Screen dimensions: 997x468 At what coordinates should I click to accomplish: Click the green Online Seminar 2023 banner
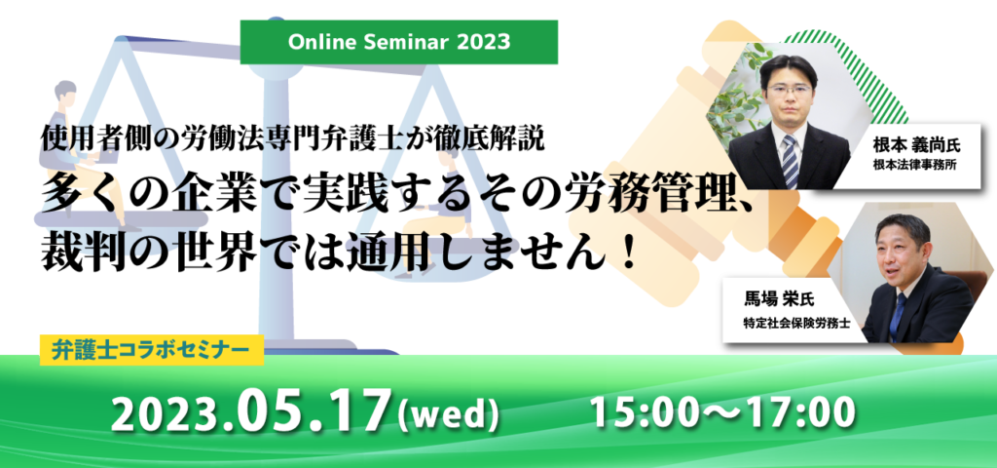point(398,42)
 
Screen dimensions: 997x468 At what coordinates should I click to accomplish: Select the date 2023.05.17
point(250,413)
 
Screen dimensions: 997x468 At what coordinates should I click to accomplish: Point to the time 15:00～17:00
point(723,413)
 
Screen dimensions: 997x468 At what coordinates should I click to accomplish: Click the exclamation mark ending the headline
point(628,255)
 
